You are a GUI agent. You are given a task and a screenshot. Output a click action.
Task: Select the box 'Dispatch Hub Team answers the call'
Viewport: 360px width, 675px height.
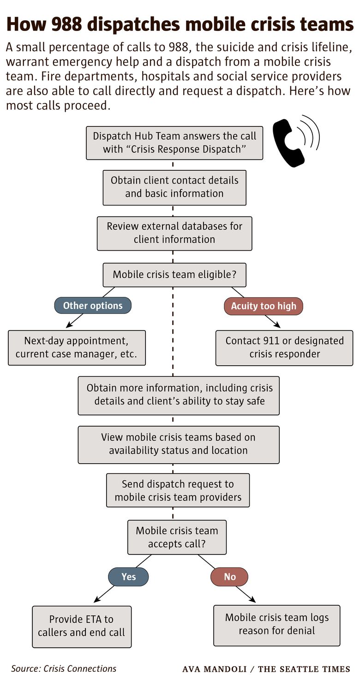tap(174, 143)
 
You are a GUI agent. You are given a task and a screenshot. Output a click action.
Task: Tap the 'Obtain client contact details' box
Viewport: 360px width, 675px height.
tap(174, 187)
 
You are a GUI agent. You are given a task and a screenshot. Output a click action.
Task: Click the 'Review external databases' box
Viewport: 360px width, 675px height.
tap(174, 233)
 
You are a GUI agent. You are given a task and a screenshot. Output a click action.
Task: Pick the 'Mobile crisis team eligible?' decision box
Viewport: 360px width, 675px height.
tap(174, 275)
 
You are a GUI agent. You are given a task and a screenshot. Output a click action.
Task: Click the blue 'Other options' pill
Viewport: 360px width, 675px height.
tap(93, 306)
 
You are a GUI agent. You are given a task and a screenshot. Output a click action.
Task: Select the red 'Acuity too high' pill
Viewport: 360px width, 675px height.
tap(264, 306)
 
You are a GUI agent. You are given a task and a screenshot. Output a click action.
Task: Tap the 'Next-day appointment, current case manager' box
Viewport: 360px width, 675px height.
tap(77, 348)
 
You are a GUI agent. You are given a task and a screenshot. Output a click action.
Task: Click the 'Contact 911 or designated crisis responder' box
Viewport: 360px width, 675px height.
tap(284, 348)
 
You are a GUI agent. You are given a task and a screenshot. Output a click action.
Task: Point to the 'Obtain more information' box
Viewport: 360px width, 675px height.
tap(179, 395)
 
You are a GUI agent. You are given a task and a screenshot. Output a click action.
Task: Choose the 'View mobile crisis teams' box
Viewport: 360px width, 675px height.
tap(179, 444)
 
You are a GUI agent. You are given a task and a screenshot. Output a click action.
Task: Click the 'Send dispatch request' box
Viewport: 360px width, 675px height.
tap(178, 491)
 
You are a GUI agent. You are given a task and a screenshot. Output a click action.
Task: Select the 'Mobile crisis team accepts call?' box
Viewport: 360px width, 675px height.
tap(177, 537)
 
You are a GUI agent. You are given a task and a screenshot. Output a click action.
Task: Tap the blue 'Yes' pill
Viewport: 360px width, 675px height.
tap(128, 577)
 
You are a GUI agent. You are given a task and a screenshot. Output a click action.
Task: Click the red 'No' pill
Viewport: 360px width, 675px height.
tap(229, 577)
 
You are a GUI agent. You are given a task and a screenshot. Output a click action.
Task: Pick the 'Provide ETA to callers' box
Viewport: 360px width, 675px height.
tap(82, 627)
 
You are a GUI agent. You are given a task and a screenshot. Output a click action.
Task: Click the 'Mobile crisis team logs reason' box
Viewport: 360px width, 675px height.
tap(277, 625)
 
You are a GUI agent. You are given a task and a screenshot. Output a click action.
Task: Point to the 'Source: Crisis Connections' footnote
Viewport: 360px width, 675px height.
tap(64, 668)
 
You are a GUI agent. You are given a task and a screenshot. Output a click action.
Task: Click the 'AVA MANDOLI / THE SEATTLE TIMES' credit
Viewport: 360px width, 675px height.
tap(266, 669)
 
